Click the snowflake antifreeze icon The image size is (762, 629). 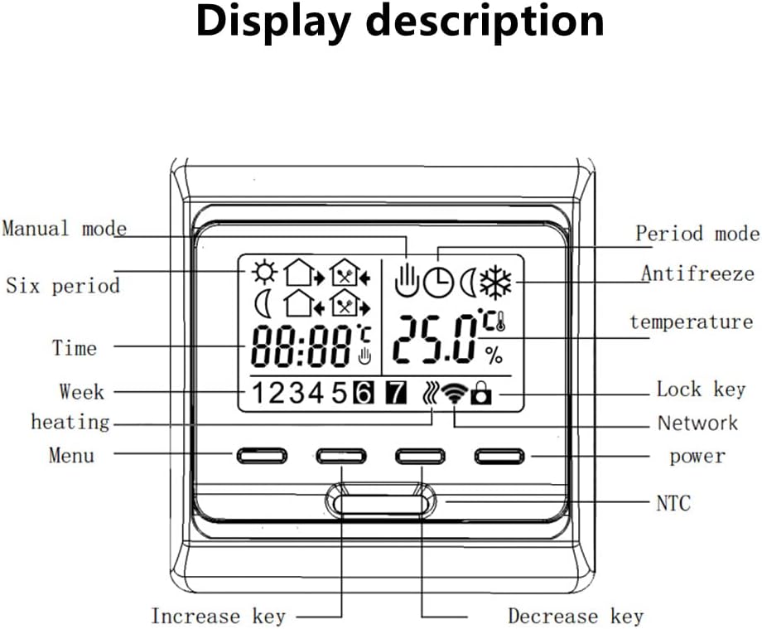point(495,283)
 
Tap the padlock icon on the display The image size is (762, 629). point(481,393)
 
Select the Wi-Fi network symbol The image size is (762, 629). point(455,392)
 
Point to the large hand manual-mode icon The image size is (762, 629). point(407,280)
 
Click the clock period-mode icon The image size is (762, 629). point(438,283)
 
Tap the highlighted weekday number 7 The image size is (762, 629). point(396,393)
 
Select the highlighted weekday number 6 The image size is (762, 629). point(364,393)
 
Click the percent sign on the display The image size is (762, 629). point(494,356)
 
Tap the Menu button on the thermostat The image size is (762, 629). point(262,456)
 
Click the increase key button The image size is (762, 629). point(341,456)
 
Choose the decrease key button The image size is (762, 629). point(421,456)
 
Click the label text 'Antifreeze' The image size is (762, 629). point(697,273)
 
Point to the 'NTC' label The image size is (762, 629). point(673,503)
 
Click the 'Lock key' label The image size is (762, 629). point(702,389)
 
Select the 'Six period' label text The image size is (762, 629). point(63,285)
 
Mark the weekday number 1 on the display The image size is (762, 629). point(258,393)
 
